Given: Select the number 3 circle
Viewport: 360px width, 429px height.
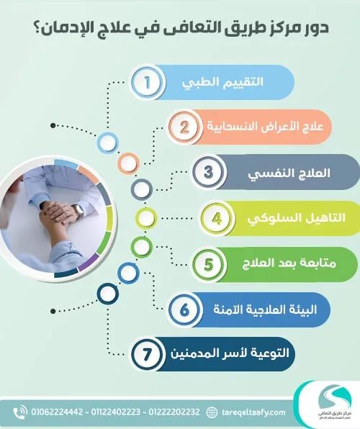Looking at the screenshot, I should click(x=207, y=173).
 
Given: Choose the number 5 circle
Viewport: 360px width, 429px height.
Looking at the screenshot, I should click(x=208, y=263).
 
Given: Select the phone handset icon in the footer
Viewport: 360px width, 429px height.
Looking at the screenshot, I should click(x=19, y=412).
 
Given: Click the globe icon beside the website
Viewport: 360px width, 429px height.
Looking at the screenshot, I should click(x=212, y=412).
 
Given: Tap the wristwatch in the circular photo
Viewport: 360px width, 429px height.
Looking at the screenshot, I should click(x=78, y=210).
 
